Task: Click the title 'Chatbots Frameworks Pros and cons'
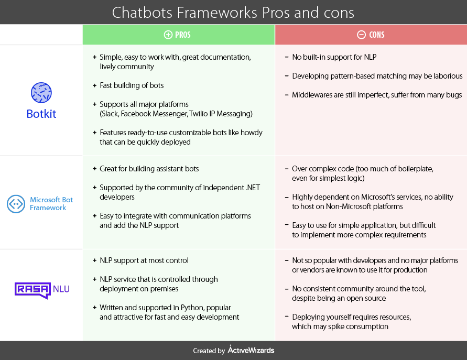(233, 12)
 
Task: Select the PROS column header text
(183, 35)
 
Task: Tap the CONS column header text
(376, 35)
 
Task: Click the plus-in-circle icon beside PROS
(168, 35)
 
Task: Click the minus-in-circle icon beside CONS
(361, 35)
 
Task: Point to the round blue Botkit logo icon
(41, 93)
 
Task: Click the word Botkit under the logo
(41, 114)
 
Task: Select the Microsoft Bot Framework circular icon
(16, 203)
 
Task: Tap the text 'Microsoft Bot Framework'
(51, 203)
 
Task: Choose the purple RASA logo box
(32, 290)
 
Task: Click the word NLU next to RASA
(61, 288)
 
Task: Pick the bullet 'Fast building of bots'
(132, 85)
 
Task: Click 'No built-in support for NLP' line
(334, 57)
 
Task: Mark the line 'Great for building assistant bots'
(149, 169)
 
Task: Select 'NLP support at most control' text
(144, 260)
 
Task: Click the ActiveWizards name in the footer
(251, 350)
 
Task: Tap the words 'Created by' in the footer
(209, 351)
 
